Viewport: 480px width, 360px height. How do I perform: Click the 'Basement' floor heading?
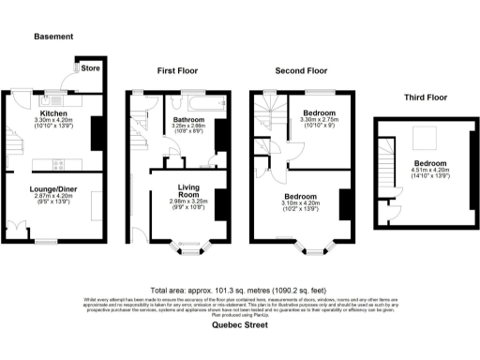[x=53, y=37]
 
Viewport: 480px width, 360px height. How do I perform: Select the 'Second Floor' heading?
[x=300, y=70]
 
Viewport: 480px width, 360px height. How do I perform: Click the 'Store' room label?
[x=91, y=67]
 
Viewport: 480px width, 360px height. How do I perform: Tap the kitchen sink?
[x=57, y=99]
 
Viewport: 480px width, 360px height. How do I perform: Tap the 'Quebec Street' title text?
[x=240, y=328]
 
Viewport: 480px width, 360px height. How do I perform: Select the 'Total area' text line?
[x=240, y=290]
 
